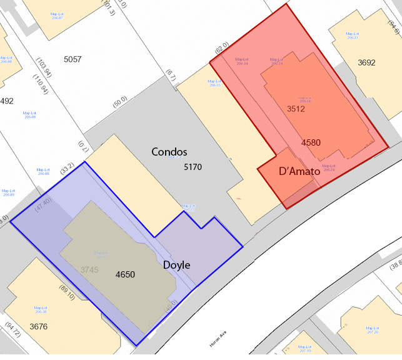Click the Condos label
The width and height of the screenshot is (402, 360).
(169, 152)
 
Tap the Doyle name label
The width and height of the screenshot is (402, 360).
(176, 265)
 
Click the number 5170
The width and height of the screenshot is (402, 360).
(193, 167)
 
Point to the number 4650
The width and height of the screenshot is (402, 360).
(125, 274)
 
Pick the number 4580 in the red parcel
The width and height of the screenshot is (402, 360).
(311, 142)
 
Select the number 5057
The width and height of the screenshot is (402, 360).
(73, 59)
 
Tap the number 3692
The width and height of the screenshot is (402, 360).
(366, 62)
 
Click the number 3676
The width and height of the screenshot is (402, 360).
(38, 326)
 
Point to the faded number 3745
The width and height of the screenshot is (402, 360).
(90, 269)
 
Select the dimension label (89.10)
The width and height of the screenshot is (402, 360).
(66, 292)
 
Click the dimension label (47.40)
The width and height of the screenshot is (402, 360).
(43, 204)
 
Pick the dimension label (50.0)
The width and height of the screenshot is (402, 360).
(119, 102)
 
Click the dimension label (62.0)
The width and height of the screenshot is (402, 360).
(221, 49)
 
